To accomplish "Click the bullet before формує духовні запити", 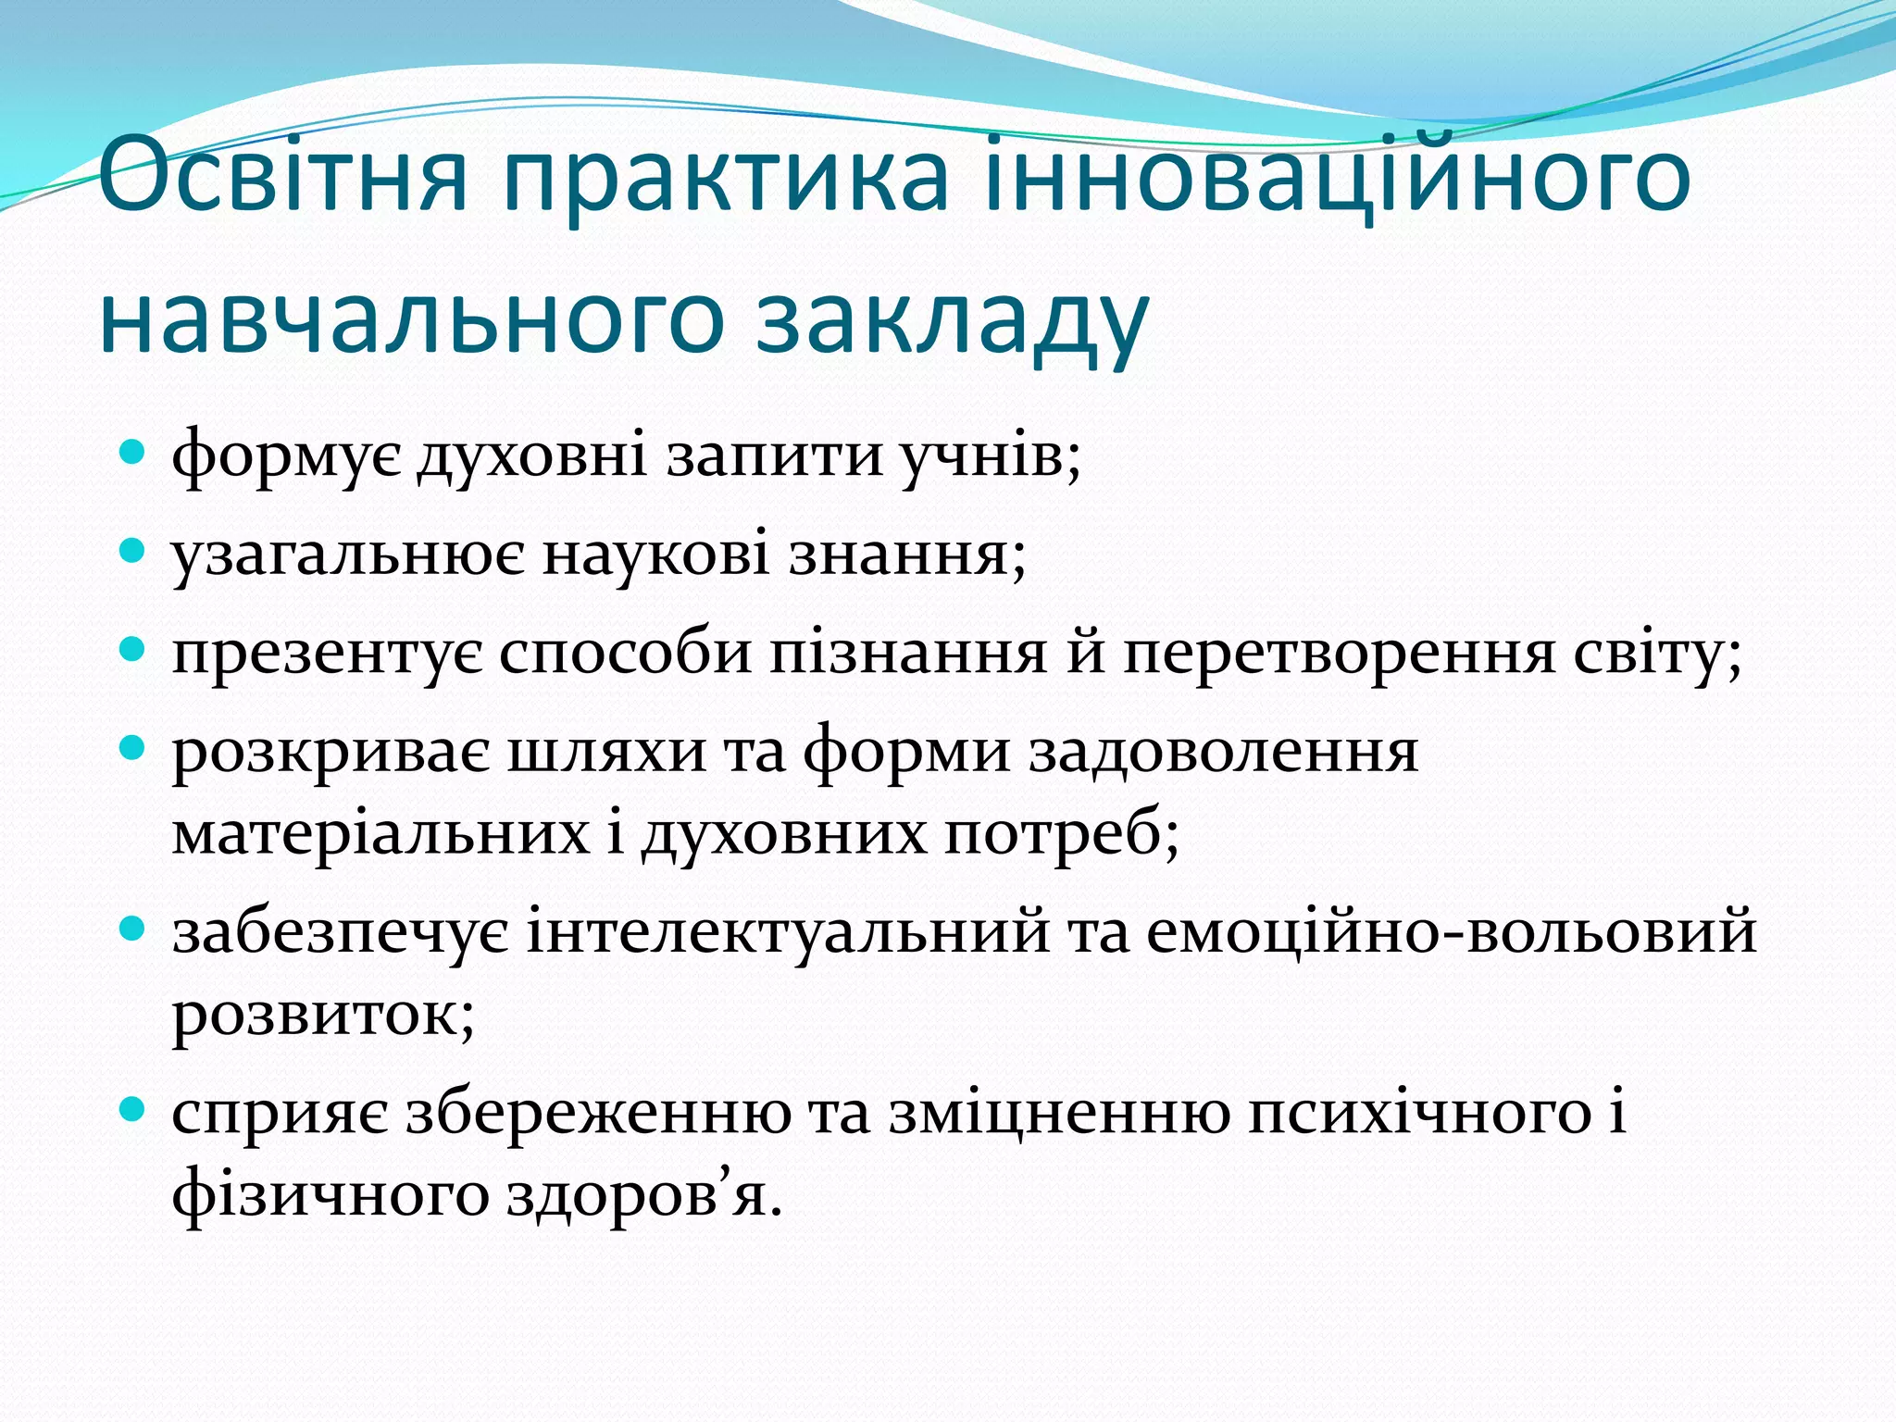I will click(133, 454).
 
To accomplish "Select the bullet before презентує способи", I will click(133, 651).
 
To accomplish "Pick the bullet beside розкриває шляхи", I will click(133, 748).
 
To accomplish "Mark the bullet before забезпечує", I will click(133, 929).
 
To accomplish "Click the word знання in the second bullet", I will click(907, 554).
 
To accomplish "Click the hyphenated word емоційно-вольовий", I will click(1451, 930).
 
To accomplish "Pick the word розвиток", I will click(323, 1014).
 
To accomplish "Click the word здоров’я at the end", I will click(644, 1194).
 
